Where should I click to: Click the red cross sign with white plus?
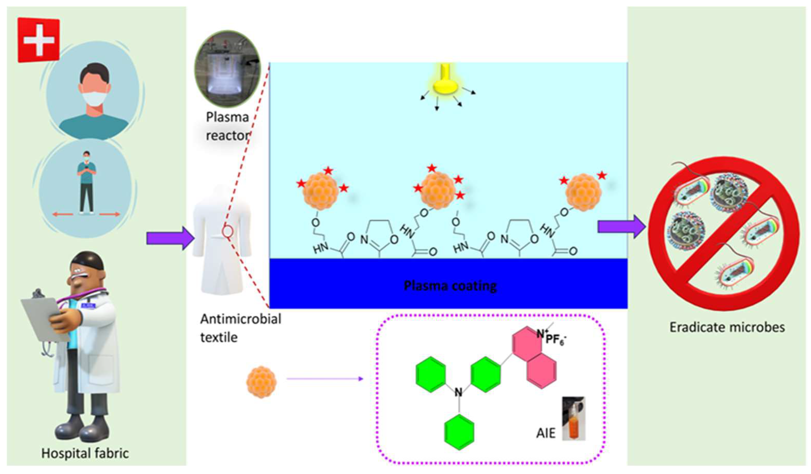point(39,40)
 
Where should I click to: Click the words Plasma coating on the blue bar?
point(450,286)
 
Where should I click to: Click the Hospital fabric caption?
point(85,453)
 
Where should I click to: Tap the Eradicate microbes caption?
point(727,327)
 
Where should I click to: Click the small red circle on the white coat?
point(227,231)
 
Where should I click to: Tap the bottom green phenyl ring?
point(459,432)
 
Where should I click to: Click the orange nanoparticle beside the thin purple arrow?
point(261,382)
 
